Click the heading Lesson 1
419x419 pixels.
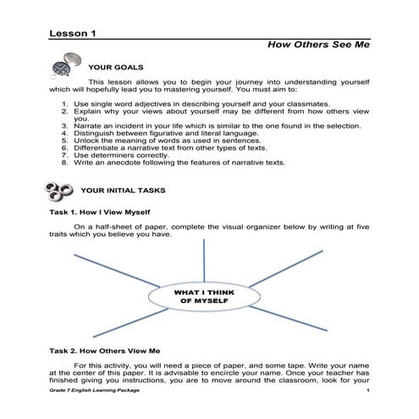(74, 33)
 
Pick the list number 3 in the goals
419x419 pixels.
(66, 129)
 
